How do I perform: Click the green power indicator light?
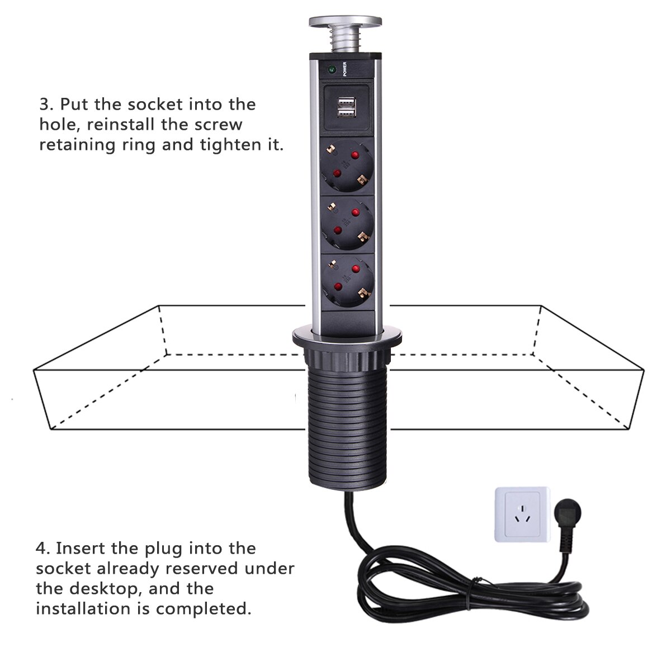coord(330,70)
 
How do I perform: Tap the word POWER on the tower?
coord(345,68)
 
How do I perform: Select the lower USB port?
coord(345,114)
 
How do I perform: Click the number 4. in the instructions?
coord(43,548)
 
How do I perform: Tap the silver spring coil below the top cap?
coord(345,41)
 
